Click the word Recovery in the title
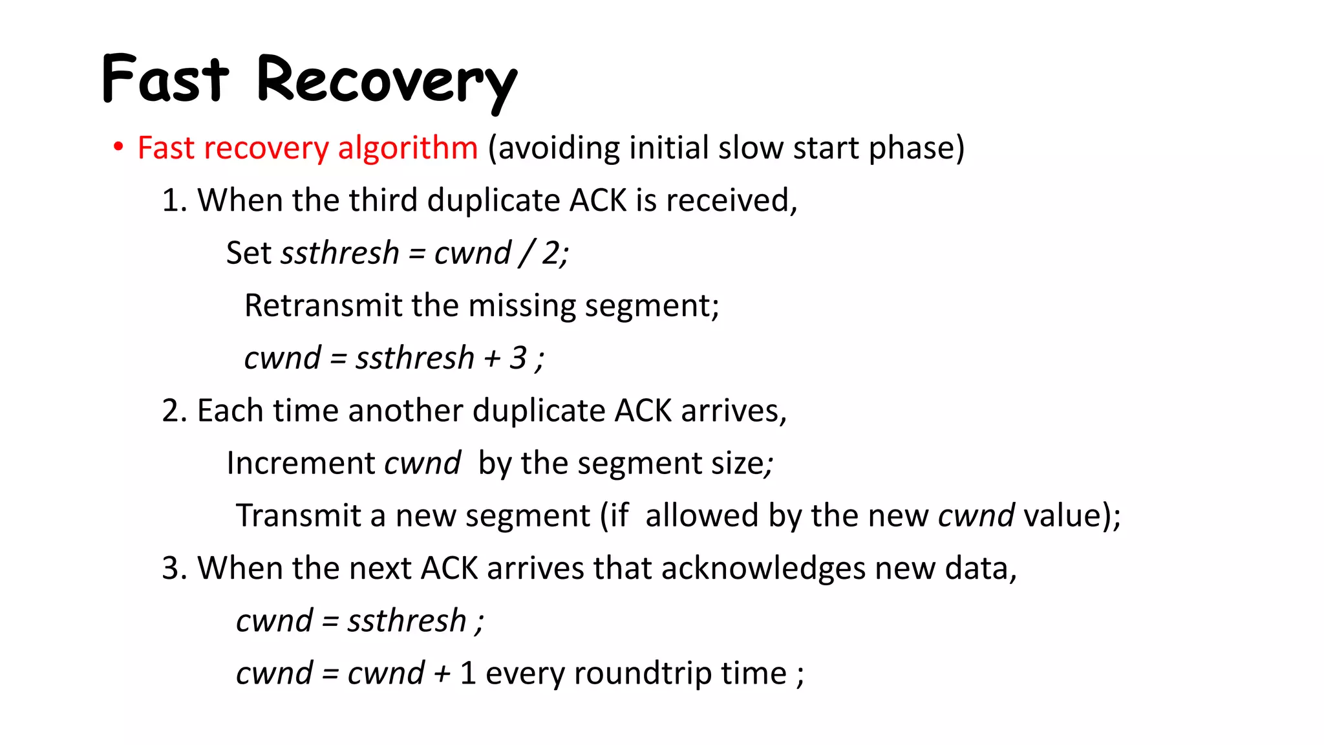tap(387, 80)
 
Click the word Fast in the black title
tap(165, 79)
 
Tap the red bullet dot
tap(118, 147)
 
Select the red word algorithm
tap(407, 149)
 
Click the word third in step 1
tap(383, 200)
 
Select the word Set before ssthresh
tap(248, 253)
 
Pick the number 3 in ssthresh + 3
tap(518, 358)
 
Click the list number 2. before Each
tap(174, 411)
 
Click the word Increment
tap(301, 464)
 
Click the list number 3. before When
tap(174, 568)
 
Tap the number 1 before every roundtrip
tap(468, 674)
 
